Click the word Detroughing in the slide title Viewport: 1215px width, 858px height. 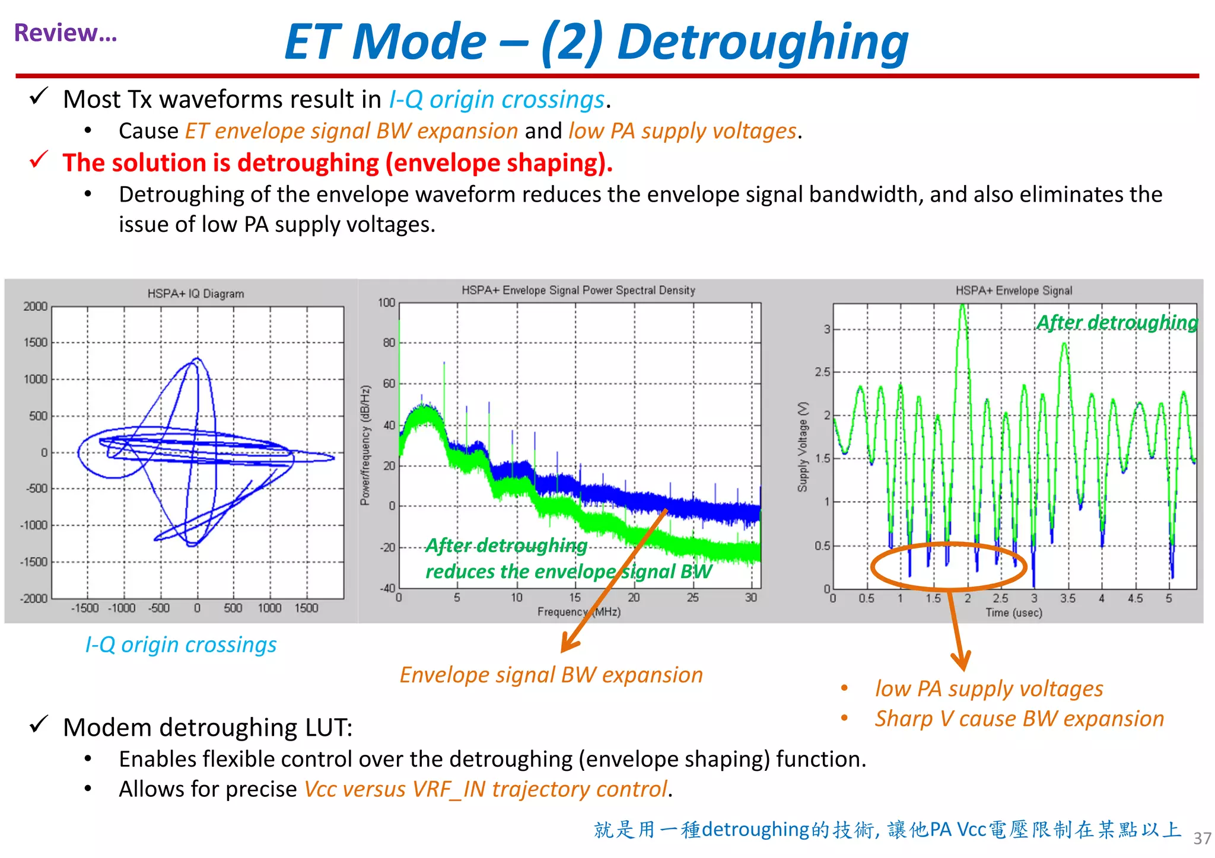tap(762, 43)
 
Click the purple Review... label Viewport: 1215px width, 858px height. tap(65, 33)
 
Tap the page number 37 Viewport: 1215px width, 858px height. tap(1201, 838)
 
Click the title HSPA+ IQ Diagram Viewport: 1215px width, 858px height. tap(195, 294)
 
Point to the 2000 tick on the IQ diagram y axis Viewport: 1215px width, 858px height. tap(35, 307)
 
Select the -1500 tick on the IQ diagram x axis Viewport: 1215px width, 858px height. tap(84, 608)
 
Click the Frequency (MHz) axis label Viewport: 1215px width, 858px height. tap(578, 611)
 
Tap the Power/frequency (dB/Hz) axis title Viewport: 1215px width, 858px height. tap(365, 445)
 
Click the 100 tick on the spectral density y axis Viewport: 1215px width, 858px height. tap(386, 303)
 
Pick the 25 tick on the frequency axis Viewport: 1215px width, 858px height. tap(692, 598)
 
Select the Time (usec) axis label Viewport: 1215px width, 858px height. tap(1013, 613)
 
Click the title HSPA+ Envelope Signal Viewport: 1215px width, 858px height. tap(1013, 291)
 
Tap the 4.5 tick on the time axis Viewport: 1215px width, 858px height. tap(1134, 598)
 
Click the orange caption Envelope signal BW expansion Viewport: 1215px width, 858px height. tap(551, 675)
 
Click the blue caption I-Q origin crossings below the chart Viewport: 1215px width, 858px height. tap(181, 645)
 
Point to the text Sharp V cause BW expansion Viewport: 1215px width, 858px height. tap(1019, 719)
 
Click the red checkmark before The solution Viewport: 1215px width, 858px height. tap(39, 160)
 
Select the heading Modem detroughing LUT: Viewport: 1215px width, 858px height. tap(208, 728)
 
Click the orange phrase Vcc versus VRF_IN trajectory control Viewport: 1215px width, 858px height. tap(486, 789)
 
